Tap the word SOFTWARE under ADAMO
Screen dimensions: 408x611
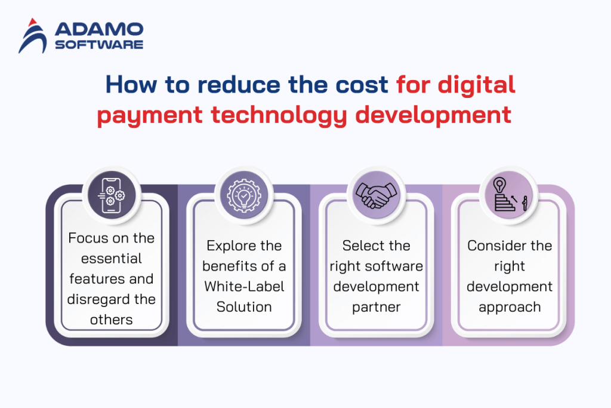(x=99, y=44)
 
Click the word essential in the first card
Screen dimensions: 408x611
(x=112, y=259)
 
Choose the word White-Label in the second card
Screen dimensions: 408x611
(x=245, y=286)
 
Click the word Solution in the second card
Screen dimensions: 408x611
(x=245, y=306)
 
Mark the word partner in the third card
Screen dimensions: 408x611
(x=377, y=306)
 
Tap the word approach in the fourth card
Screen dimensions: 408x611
(x=510, y=306)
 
